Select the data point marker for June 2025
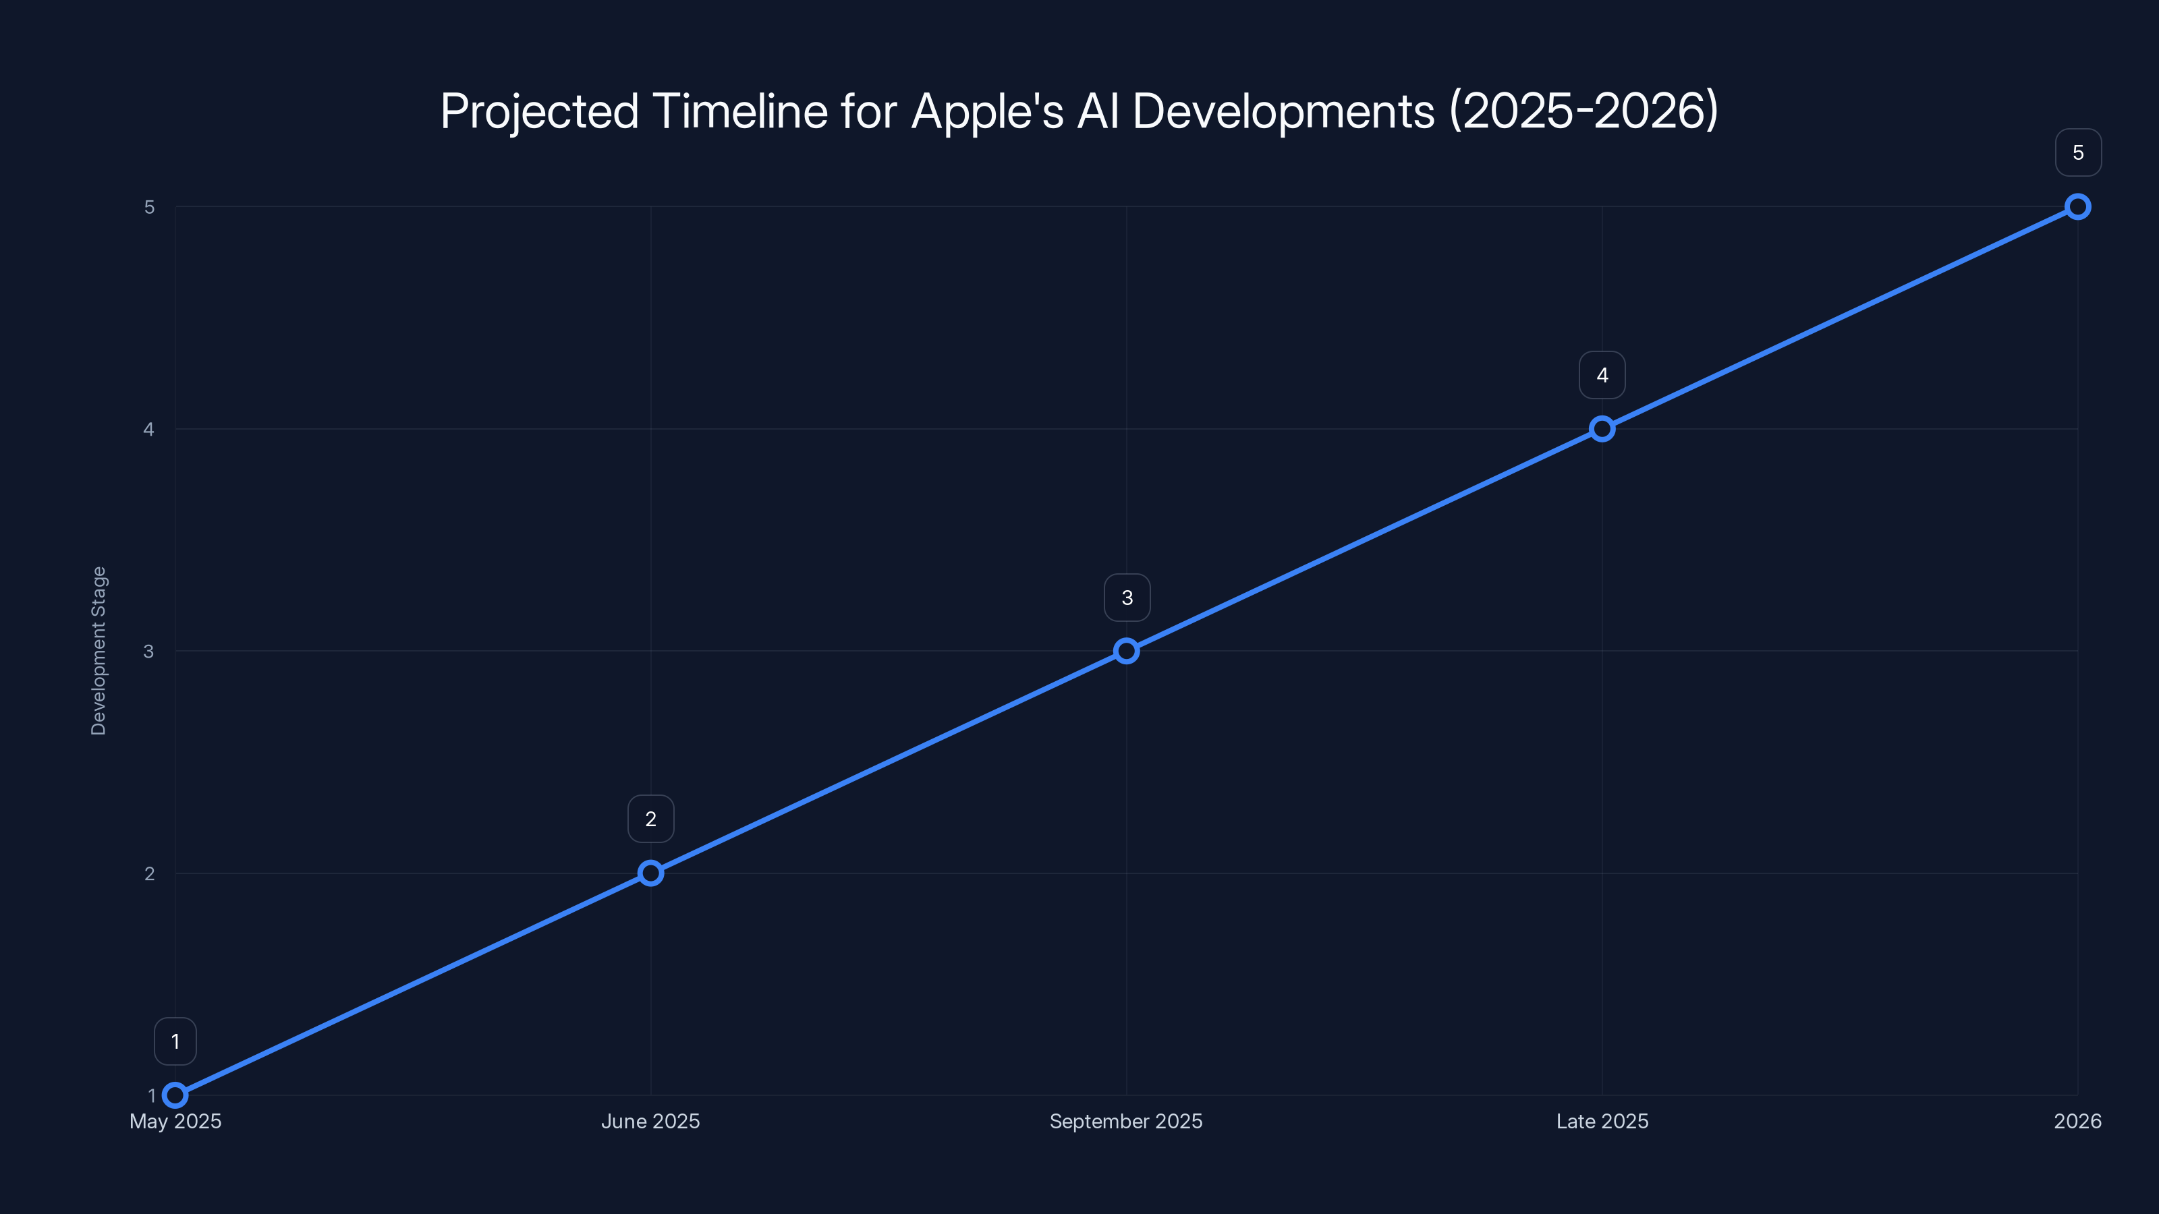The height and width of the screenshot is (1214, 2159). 650,873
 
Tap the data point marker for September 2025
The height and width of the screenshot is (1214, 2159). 1127,651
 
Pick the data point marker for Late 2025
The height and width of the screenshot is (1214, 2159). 1602,429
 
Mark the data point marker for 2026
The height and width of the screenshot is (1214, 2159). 2078,207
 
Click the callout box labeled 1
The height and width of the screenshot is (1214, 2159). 175,1041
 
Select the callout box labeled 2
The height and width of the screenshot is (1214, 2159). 650,819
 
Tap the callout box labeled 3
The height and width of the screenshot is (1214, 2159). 1127,598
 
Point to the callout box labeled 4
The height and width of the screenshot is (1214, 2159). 1602,376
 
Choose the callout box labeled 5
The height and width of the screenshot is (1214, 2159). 2078,152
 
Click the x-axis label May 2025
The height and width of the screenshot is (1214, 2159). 175,1121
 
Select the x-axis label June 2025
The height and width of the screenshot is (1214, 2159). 650,1121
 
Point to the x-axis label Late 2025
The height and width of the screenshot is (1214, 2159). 1602,1121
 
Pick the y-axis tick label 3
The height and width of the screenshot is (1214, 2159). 149,651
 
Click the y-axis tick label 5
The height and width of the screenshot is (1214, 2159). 149,207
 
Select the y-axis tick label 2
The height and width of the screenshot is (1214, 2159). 149,873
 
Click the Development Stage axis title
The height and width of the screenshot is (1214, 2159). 99,651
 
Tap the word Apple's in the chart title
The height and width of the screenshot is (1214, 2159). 986,111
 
